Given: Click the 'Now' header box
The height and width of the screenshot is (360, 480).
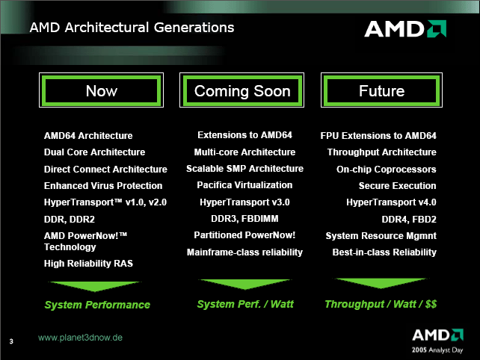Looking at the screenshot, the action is [102, 90].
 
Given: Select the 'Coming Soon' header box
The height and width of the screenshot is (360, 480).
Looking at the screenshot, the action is [241, 90].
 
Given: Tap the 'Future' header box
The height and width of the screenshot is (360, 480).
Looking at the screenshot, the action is [381, 90].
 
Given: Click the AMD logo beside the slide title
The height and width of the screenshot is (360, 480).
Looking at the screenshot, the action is [405, 28].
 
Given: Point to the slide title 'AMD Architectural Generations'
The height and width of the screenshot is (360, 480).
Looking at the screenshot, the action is [132, 28].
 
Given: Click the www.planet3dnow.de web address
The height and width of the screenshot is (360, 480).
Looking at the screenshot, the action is [80, 338].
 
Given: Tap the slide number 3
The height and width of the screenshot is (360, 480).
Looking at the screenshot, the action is [11, 341].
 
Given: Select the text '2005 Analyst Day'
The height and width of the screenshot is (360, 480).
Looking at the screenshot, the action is [437, 350].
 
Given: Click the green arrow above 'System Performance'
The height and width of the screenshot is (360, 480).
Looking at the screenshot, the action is [94, 286].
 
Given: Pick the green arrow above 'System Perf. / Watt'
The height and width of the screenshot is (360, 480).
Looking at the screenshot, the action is [244, 284].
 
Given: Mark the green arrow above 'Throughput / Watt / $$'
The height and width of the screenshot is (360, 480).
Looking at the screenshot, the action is [381, 283].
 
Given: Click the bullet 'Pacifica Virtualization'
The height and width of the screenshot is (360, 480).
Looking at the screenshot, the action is [244, 185].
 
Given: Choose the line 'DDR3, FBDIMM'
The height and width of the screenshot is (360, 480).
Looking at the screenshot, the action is [244, 219].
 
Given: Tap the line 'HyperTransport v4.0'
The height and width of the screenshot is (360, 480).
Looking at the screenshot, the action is [391, 202].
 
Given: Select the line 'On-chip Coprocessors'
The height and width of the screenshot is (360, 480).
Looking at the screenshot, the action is [387, 169].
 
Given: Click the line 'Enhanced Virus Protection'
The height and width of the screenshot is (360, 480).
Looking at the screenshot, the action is [103, 186].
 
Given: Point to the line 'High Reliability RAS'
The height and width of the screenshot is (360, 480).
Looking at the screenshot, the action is [88, 264].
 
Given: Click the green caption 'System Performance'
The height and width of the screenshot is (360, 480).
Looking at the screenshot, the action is [97, 305].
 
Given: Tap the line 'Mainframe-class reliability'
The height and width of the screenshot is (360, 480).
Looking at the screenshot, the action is [244, 252].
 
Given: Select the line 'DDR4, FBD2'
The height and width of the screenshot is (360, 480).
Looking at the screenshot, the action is [409, 220].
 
